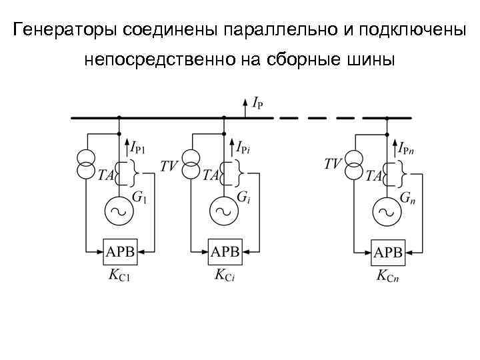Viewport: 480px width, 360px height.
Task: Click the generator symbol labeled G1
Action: point(119,213)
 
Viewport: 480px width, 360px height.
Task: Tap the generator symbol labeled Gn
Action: point(386,213)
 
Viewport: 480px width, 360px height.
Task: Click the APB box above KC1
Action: point(120,252)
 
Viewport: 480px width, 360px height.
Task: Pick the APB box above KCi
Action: point(225,252)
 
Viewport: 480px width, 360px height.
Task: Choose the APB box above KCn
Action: point(388,253)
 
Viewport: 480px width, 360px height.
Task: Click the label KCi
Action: point(225,274)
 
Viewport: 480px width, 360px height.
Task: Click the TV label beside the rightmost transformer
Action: point(333,163)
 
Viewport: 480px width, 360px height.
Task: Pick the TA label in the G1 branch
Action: point(105,175)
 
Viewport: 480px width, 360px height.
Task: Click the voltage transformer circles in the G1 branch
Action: point(85,163)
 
